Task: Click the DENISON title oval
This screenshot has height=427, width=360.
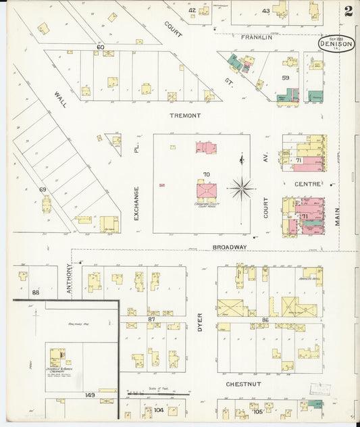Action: coord(336,44)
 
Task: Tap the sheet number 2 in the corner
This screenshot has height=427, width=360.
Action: coord(347,11)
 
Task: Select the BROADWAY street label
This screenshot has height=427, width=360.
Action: coord(229,247)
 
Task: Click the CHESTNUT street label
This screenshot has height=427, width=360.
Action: coord(244,383)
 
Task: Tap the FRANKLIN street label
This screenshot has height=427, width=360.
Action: coord(257,37)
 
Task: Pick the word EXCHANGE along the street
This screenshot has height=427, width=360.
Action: coord(136,203)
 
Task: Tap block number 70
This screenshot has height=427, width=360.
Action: coord(206,174)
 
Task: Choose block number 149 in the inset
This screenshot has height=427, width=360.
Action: coord(90,395)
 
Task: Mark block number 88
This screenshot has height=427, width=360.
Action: coord(35,292)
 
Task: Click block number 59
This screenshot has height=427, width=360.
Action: coord(286,78)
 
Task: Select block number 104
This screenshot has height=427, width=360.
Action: coord(159,410)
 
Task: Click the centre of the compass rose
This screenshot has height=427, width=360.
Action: coord(242,188)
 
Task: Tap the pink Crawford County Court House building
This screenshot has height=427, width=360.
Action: coord(206,191)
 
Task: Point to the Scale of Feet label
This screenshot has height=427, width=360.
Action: coord(156,388)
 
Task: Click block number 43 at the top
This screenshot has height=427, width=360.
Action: coord(265,11)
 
